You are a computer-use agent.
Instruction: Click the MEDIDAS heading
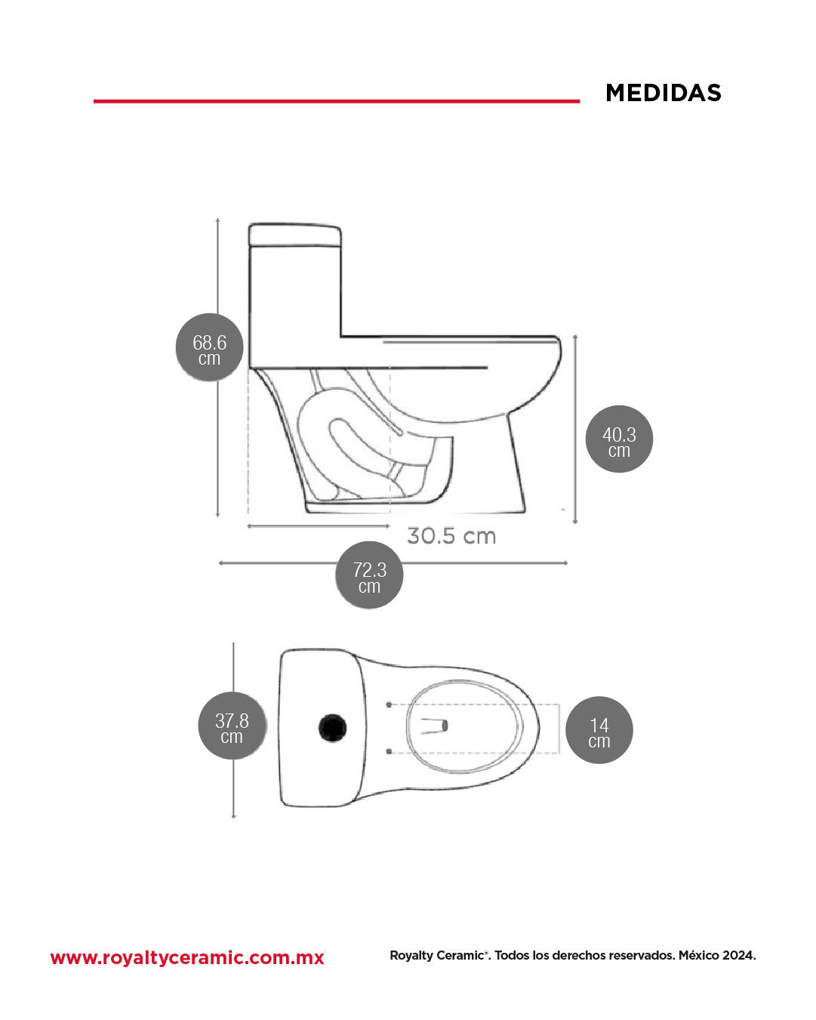click(663, 93)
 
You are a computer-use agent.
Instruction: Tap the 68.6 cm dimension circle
click(209, 347)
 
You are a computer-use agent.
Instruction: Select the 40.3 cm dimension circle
click(619, 439)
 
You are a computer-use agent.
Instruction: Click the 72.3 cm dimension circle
click(369, 575)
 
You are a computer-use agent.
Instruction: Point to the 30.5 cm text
click(451, 536)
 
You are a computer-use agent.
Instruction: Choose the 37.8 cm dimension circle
click(232, 726)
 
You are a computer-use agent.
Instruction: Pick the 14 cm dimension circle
click(599, 730)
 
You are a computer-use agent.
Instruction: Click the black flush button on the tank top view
click(333, 728)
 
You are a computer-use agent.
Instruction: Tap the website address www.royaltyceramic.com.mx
click(187, 957)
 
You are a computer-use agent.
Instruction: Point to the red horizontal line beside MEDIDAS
click(337, 101)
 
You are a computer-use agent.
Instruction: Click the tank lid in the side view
click(294, 235)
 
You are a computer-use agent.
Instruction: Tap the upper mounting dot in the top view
click(389, 705)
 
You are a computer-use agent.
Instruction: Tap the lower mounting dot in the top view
click(389, 751)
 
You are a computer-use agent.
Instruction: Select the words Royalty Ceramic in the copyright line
click(436, 956)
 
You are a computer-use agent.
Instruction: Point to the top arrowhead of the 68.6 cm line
click(217, 220)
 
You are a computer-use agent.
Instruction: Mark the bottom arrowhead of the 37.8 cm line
click(233, 816)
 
